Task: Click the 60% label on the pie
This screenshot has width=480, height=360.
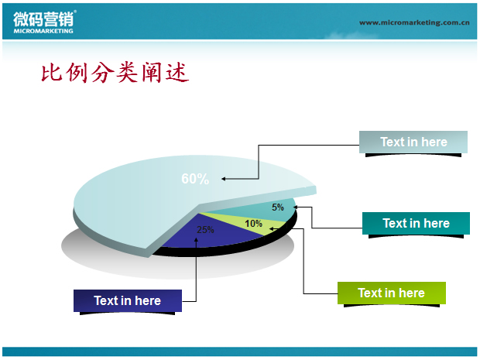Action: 195,179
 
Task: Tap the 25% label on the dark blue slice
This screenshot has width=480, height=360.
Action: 205,230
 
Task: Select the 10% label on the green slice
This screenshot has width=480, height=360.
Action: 253,224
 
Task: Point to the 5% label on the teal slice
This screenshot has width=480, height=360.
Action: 278,207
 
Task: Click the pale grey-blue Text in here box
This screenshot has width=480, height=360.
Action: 413,142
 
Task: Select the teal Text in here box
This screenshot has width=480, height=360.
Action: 416,223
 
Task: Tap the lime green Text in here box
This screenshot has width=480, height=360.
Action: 392,293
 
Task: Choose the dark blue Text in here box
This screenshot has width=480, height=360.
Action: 128,300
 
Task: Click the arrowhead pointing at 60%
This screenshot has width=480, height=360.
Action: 224,179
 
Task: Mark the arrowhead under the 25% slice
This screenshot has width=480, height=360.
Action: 196,240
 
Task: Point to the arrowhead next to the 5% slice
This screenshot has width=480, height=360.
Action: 296,207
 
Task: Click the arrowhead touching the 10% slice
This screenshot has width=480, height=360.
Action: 271,228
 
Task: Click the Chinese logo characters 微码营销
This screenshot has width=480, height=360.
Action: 43,19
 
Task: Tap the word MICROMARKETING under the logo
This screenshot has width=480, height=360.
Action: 43,31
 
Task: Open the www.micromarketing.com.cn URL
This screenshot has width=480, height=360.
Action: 414,22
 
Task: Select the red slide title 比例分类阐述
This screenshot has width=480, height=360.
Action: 115,73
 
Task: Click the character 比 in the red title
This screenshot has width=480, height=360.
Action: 51,73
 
